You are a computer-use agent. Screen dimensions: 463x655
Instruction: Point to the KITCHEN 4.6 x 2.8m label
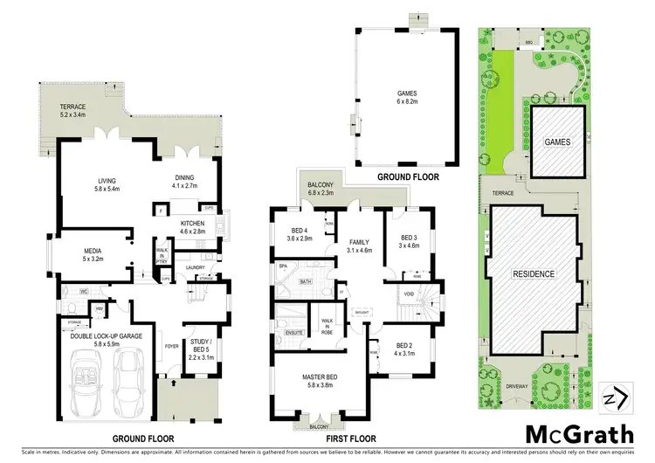[192, 228]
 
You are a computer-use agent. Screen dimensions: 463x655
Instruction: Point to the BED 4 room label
[297, 233]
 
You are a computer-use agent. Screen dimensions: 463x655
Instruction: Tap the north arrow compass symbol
[616, 397]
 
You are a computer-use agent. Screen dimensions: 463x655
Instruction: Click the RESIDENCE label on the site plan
[533, 274]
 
